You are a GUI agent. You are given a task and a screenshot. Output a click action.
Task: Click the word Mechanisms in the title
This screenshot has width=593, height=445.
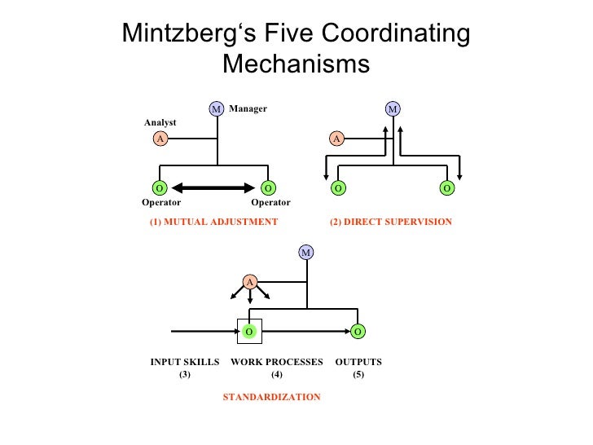[x=296, y=64]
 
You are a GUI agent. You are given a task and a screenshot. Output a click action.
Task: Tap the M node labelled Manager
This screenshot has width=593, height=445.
[x=217, y=108]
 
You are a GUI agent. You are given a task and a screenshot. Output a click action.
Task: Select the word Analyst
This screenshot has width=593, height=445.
[x=160, y=122]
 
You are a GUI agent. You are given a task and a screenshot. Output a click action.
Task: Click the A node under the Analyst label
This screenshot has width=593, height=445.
[x=160, y=139]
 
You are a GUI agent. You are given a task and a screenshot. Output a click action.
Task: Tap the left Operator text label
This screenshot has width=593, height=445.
[x=161, y=203]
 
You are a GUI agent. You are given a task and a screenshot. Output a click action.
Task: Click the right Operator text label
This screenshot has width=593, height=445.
[x=270, y=203]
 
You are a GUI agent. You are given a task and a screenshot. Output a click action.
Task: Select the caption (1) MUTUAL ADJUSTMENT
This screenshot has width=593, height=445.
[x=213, y=222]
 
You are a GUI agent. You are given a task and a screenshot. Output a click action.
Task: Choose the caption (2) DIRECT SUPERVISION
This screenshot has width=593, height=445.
[x=390, y=222]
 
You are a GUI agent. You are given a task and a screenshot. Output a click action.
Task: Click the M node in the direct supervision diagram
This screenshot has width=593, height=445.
[x=393, y=108]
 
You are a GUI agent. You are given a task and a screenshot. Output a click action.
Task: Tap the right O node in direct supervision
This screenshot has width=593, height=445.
[x=447, y=188]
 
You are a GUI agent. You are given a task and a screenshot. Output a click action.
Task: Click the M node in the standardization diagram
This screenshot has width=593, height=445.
[x=305, y=253]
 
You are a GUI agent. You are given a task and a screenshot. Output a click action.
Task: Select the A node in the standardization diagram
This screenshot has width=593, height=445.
[x=250, y=282]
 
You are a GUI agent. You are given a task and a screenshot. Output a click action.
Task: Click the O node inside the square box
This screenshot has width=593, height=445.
[x=249, y=331]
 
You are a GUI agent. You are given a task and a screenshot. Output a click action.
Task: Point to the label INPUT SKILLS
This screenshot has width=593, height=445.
[x=185, y=362]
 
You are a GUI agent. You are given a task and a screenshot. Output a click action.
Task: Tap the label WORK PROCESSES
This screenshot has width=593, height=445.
[x=277, y=362]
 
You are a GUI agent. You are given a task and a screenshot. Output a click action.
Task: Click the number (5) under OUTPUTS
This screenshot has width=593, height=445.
[x=358, y=375]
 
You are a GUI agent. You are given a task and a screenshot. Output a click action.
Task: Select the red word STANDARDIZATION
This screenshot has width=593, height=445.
[x=272, y=397]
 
